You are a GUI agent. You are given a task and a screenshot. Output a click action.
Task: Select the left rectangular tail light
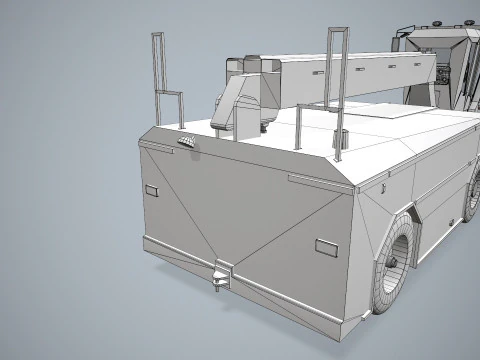tap(152, 190)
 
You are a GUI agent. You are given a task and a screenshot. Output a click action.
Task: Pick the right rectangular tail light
tap(326, 245)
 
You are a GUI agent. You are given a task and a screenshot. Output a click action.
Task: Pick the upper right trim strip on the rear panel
tap(315, 180)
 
